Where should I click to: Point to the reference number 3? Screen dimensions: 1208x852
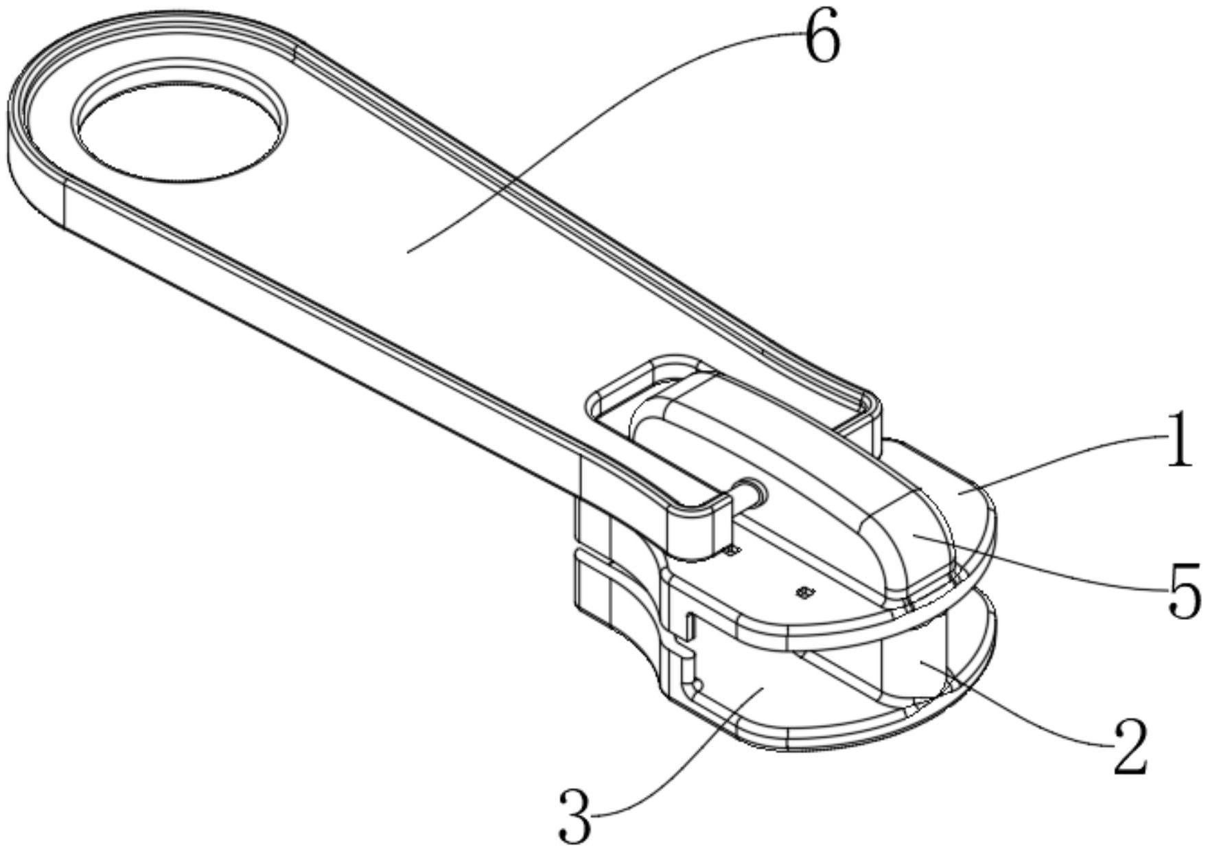click(575, 816)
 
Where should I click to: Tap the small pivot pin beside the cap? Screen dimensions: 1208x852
click(751, 493)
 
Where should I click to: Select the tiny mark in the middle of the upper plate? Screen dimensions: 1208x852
click(804, 591)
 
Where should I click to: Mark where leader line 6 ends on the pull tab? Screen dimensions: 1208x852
click(408, 252)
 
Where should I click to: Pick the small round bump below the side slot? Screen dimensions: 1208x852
click(697, 684)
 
